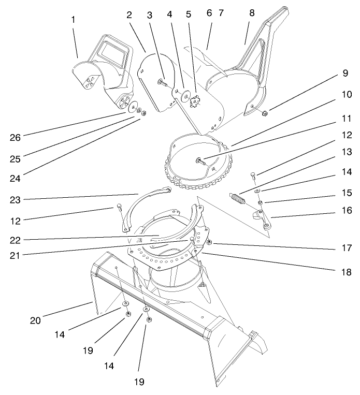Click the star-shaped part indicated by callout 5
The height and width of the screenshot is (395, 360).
196,98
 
